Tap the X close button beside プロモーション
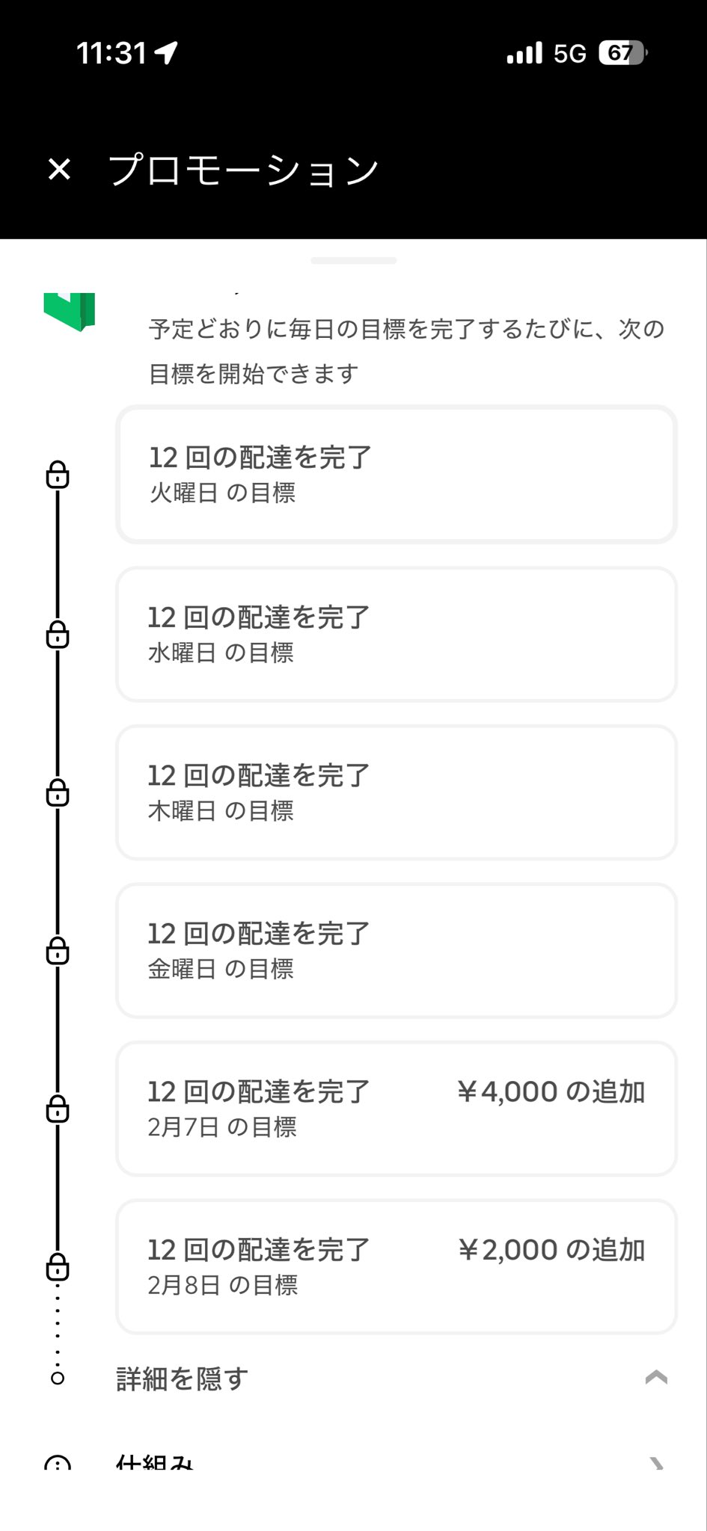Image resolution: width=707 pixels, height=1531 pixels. tap(59, 170)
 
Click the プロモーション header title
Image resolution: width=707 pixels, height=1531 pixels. tap(244, 170)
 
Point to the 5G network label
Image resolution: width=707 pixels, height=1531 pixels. tap(569, 54)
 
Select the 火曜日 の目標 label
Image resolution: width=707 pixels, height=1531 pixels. tap(222, 493)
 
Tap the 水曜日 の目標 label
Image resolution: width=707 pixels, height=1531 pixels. tap(221, 653)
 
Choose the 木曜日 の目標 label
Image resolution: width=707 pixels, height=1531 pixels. tap(221, 810)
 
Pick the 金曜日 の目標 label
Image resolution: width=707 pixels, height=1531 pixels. tap(221, 969)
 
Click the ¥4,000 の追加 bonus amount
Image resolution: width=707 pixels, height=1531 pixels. tap(551, 1092)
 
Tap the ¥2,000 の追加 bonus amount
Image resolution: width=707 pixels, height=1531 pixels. tap(551, 1250)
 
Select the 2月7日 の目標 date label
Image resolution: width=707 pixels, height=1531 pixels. tap(222, 1127)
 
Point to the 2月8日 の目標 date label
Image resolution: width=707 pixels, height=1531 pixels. tap(223, 1285)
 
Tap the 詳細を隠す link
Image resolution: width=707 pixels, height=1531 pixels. tap(182, 1378)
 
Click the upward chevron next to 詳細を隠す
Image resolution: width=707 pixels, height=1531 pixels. tap(656, 1378)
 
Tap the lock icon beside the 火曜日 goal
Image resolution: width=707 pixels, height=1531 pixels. tap(58, 475)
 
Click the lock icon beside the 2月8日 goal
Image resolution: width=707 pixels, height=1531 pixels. tap(58, 1266)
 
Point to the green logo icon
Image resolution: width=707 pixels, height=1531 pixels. tap(70, 311)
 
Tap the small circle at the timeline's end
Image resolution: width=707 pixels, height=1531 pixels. tap(58, 1378)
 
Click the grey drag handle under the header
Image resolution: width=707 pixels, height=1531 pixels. tap(353, 261)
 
